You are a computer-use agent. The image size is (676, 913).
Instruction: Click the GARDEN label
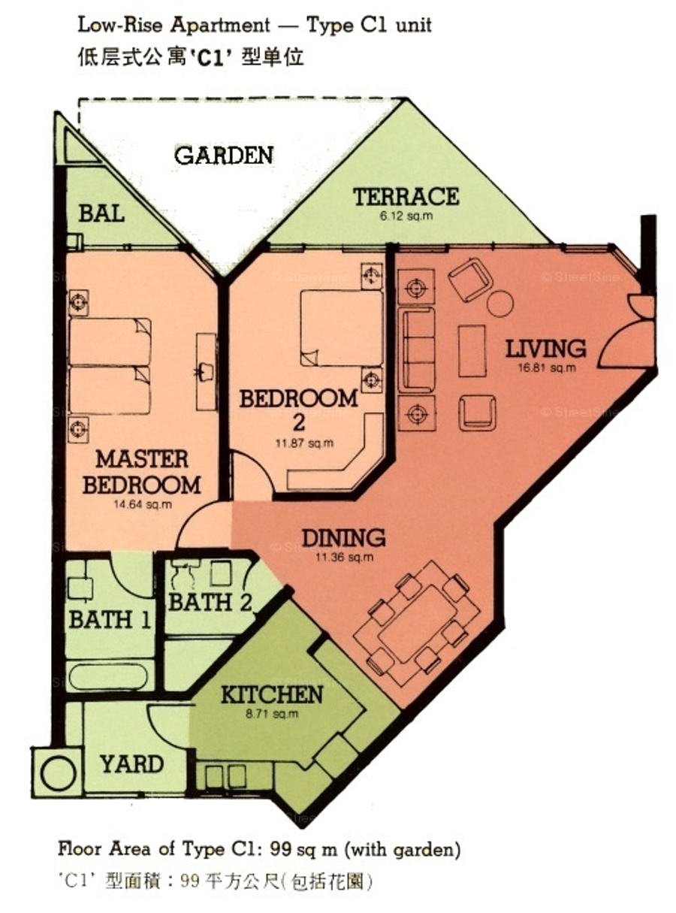pos(224,156)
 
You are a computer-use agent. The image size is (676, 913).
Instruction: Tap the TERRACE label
pos(406,196)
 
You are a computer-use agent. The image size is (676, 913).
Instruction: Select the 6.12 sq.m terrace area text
pos(406,216)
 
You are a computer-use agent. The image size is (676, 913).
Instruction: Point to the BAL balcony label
pos(101,213)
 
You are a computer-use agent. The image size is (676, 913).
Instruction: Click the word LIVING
pos(545,349)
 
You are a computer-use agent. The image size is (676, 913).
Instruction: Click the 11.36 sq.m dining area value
pos(344,558)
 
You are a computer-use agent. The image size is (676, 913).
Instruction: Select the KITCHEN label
pos(272,694)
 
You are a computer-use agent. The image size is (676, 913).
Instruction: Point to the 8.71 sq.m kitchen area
pos(272,714)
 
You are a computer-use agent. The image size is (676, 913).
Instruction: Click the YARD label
pos(132,764)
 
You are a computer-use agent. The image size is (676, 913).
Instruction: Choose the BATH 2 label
pos(210,602)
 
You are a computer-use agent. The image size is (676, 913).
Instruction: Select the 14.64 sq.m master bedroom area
pos(143,504)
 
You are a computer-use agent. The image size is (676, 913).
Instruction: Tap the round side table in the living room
pos(500,303)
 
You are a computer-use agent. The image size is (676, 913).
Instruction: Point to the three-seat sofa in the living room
pos(416,349)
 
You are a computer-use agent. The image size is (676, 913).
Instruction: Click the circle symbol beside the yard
pos(59,772)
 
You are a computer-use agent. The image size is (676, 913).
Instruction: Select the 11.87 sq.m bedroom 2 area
pos(304,443)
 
